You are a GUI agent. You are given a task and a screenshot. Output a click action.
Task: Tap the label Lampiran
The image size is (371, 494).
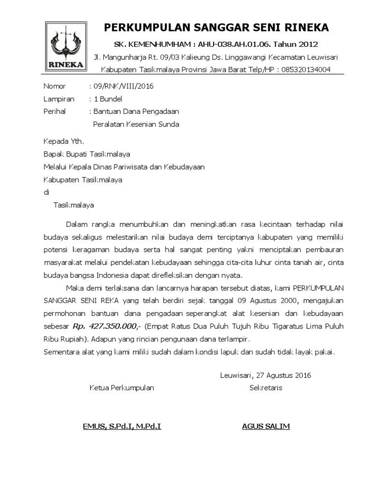coord(59,99)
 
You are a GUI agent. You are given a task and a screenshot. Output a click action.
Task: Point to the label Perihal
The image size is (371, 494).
coord(55,111)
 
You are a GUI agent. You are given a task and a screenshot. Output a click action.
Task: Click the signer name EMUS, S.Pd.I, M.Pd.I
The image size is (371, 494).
coord(122,426)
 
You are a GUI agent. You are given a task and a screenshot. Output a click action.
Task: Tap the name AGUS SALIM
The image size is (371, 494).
coord(266,426)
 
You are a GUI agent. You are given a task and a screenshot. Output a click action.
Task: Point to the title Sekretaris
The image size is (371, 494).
coord(266,388)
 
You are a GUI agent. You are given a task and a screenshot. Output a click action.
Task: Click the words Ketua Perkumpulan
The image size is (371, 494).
coord(122,388)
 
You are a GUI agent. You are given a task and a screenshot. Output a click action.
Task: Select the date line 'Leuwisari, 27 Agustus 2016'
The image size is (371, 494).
coord(265,375)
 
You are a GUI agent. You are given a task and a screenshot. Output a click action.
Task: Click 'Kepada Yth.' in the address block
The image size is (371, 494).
coord(64,142)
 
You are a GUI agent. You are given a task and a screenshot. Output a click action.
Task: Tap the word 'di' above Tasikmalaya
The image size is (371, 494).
coord(47,192)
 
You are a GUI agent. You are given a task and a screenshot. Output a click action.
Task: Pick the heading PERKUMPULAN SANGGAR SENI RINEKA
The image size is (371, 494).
coord(216,27)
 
